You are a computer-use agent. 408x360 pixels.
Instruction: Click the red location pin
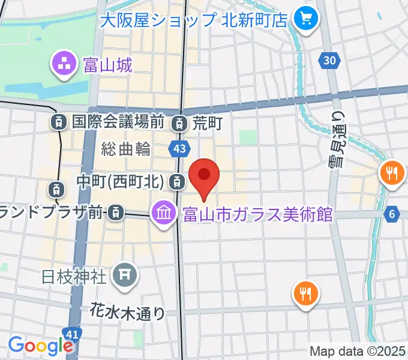[204, 175]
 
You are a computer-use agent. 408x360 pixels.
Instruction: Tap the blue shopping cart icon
[307, 20]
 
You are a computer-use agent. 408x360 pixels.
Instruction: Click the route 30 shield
[329, 60]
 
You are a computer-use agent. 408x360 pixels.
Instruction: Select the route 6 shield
[393, 214]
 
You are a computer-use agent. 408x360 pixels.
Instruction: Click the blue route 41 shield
[70, 332]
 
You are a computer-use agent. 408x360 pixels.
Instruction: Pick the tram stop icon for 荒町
[178, 124]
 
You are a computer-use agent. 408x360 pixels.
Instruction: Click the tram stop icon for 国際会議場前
[58, 122]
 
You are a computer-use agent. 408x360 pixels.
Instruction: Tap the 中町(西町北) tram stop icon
[177, 180]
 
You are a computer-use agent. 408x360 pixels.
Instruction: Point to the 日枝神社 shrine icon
[125, 275]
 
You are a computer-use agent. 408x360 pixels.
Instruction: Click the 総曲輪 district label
[126, 149]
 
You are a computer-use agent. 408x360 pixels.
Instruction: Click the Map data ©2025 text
[358, 352]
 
